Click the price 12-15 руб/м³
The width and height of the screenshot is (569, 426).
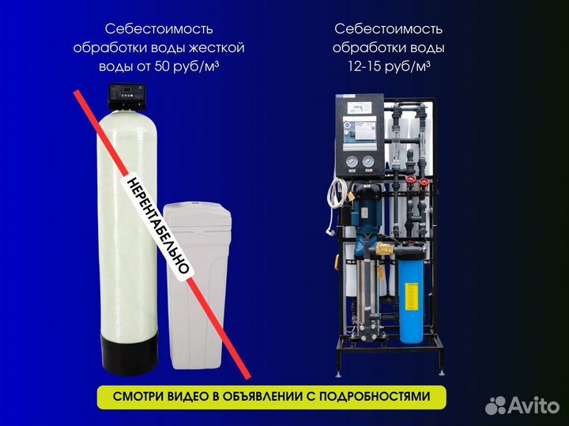pyautogui.click(x=388, y=66)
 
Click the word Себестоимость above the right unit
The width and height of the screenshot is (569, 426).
pyautogui.click(x=388, y=28)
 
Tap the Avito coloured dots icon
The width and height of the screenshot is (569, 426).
pyautogui.click(x=496, y=405)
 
